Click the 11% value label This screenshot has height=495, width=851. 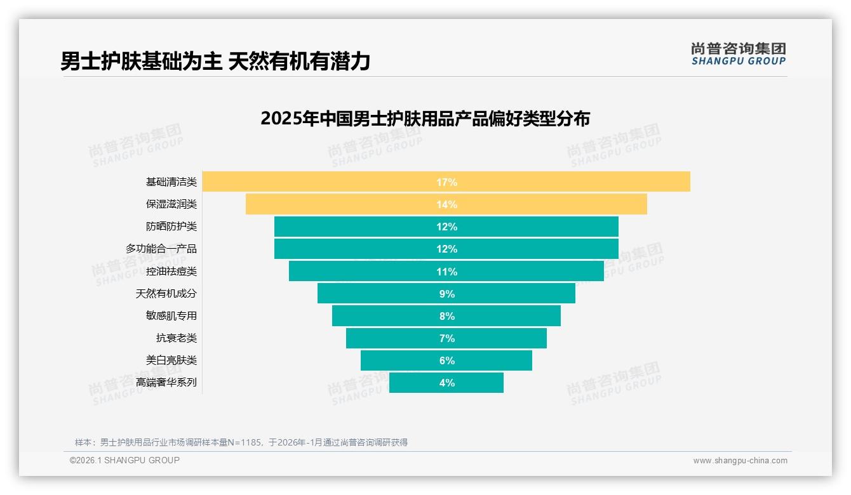pos(446,272)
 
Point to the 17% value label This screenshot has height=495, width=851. pos(446,182)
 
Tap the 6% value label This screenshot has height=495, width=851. pos(446,360)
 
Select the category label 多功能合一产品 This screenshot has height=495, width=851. pos(161,249)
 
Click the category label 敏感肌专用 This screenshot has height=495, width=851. pos(171,315)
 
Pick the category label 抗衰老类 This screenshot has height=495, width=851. pos(177,338)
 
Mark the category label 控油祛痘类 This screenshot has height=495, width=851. pos(171,271)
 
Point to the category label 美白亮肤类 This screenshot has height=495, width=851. pos(171,360)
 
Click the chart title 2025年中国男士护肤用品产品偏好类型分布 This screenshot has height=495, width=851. pos(425,119)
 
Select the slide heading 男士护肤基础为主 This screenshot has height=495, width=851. pos(141,62)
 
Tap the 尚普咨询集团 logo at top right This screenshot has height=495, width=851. pos(739,54)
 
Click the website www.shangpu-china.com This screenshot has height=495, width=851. pos(740,461)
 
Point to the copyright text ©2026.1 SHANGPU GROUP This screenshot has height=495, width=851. pos(124,460)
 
